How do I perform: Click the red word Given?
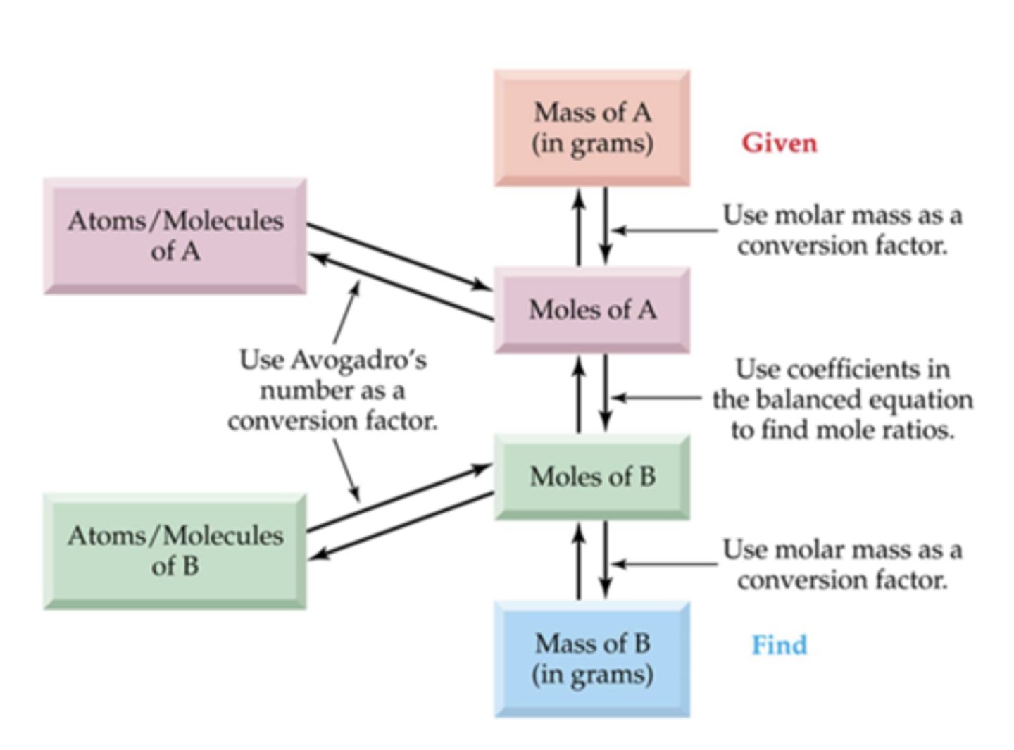[779, 143]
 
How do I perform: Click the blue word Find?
[779, 645]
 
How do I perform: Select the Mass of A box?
[591, 127]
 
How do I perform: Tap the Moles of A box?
[591, 309]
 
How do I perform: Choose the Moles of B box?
[591, 477]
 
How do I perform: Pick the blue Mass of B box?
[591, 658]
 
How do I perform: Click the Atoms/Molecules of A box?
[175, 236]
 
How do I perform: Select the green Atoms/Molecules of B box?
[175, 551]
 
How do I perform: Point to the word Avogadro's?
[358, 360]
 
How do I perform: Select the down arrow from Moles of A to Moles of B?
[606, 393]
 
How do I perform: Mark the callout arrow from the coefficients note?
[655, 398]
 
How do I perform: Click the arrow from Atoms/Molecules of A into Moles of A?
[399, 256]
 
